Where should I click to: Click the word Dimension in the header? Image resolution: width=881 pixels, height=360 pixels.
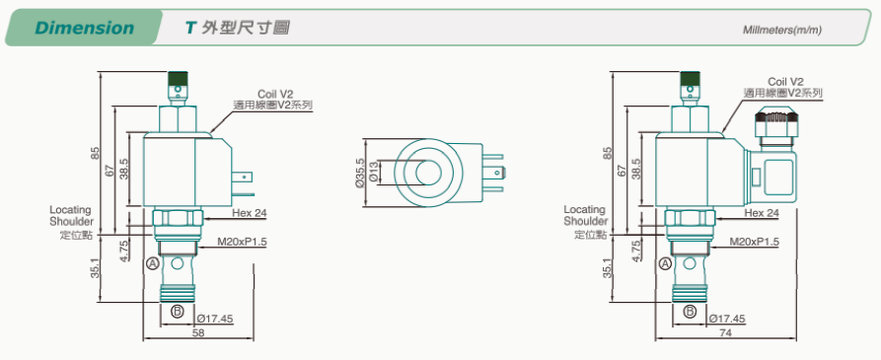click(x=84, y=28)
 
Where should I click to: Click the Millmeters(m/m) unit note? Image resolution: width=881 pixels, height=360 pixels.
click(x=782, y=30)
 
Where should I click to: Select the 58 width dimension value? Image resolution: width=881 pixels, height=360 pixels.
click(x=197, y=332)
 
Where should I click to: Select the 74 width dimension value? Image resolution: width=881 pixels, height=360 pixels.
click(x=725, y=332)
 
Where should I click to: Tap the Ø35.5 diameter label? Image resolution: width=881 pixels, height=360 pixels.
click(x=359, y=173)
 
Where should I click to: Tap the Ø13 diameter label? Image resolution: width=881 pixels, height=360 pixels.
click(x=375, y=173)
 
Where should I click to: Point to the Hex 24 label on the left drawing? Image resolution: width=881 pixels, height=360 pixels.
click(x=250, y=213)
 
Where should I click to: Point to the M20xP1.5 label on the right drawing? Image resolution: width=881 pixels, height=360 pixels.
click(x=755, y=242)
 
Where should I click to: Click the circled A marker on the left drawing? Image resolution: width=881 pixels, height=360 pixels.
click(x=152, y=262)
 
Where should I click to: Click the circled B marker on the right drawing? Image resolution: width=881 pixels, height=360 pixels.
click(x=690, y=312)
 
